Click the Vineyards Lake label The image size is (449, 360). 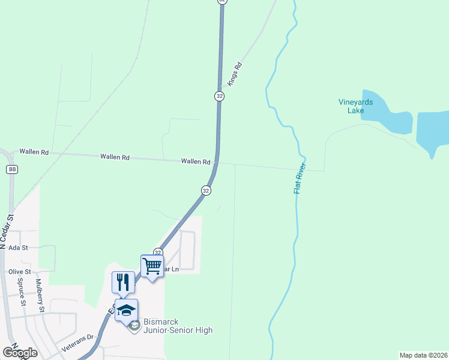[355, 106]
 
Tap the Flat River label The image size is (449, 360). [300, 178]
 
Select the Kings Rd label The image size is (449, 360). [234, 75]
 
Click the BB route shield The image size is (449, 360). [12, 170]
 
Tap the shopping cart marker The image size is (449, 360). [152, 265]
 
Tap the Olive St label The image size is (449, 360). [20, 272]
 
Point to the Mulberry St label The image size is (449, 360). [41, 296]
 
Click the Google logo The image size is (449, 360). [20, 352]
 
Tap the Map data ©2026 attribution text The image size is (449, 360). [423, 355]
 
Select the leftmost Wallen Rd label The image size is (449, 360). [34, 152]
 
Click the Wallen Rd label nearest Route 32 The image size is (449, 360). [196, 162]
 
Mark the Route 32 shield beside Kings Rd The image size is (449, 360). [219, 96]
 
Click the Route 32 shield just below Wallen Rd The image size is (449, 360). [206, 190]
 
